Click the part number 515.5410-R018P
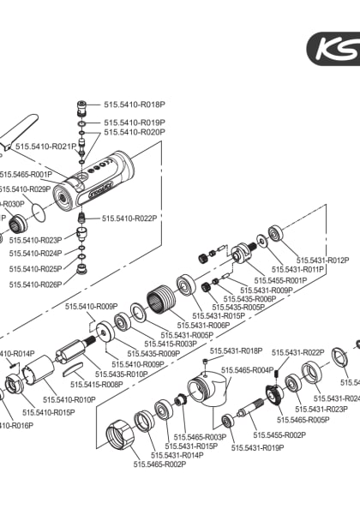135,104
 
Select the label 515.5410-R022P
130,219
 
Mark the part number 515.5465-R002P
159,464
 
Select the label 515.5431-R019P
257,447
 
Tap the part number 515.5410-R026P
36,284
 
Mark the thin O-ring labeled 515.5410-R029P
36,208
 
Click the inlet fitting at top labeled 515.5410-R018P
82,108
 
